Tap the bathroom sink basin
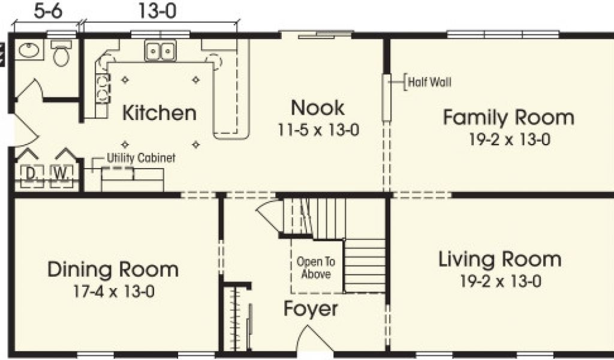29,50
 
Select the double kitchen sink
161,50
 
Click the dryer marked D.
30,174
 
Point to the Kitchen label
159,113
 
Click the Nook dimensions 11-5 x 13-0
318,130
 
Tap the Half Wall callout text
429,82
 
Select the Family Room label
508,118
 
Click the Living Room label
500,259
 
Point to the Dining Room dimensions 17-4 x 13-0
114,292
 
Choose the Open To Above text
316,268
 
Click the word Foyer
311,309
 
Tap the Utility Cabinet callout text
141,158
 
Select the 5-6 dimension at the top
48,11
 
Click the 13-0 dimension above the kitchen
158,11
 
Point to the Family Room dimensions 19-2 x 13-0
510,139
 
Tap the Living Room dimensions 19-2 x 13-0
501,281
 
